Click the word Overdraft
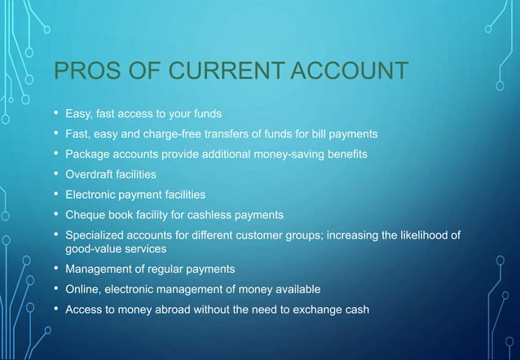(90, 174)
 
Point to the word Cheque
(85, 215)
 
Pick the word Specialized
(96, 235)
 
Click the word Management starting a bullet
(98, 269)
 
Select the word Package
(87, 154)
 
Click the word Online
(83, 289)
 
